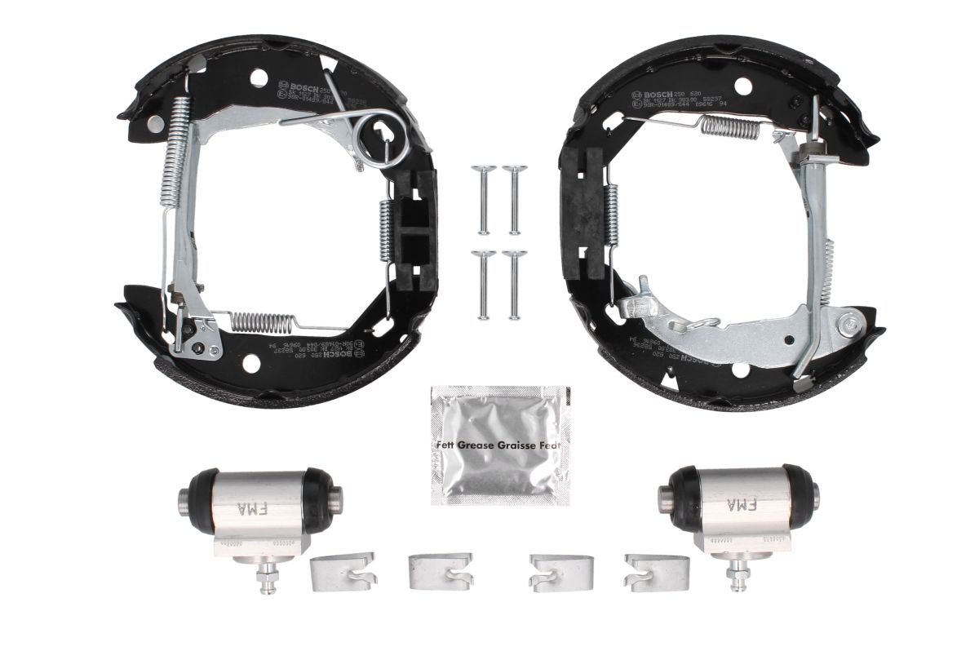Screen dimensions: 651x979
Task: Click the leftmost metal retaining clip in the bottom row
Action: [x=343, y=570]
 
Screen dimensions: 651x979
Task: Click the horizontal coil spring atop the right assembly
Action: [x=730, y=126]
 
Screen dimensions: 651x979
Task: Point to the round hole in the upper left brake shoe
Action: [x=259, y=79]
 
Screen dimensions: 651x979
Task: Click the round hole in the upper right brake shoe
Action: [x=741, y=85]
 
